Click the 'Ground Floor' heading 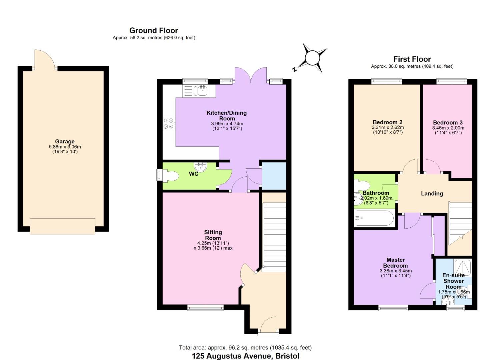click(154, 31)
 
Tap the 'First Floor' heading click(412, 59)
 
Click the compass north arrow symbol click(312, 58)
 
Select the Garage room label click(65, 142)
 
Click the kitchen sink click(202, 90)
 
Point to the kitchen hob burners click(168, 123)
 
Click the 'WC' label click(194, 174)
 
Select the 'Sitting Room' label click(213, 235)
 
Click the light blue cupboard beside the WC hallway click(274, 176)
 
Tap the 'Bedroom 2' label click(388, 122)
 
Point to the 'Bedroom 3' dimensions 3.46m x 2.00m click(448, 128)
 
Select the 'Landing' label click(432, 194)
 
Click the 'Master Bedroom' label click(395, 263)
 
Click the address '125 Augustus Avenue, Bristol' click(245, 356)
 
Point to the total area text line click(245, 348)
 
